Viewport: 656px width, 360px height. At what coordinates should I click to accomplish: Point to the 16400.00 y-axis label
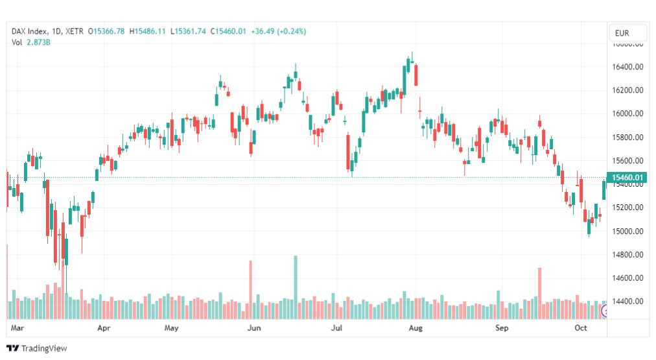tap(628, 67)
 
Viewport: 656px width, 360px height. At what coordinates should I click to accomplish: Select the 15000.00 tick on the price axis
tap(628, 231)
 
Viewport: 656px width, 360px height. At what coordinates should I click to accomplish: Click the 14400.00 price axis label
tap(628, 301)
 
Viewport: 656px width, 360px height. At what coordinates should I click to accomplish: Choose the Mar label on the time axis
tap(18, 328)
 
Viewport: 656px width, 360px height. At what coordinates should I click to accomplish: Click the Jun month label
tap(254, 328)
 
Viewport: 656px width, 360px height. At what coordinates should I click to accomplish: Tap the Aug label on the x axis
tap(416, 328)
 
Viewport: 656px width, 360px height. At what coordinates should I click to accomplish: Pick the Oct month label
tap(581, 328)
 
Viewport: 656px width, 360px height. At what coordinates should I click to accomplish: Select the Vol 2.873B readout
tap(31, 42)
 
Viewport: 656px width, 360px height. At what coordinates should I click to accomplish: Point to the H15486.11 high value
tap(148, 31)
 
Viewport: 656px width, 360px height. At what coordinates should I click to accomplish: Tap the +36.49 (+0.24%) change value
tap(279, 31)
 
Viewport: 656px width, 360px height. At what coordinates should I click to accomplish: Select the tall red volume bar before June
tap(250, 289)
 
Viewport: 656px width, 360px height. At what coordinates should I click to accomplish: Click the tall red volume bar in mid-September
tap(539, 293)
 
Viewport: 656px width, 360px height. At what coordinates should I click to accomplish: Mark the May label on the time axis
tap(171, 328)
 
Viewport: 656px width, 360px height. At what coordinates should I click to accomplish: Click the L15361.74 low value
tap(189, 31)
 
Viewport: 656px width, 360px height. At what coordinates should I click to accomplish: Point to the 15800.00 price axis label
tap(628, 137)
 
